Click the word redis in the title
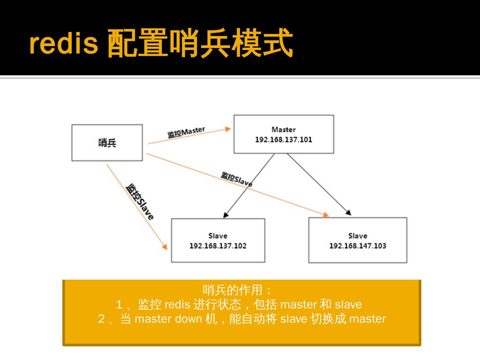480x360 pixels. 64,43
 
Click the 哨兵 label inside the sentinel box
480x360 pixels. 107,143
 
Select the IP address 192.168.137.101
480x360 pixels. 283,140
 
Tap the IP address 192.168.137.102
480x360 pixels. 218,246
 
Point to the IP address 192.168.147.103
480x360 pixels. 357,246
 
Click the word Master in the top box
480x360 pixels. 283,129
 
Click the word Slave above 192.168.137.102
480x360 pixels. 218,236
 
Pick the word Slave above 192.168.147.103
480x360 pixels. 357,236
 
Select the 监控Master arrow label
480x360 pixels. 186,132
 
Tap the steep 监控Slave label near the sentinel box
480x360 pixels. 140,201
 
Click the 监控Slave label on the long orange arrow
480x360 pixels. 236,179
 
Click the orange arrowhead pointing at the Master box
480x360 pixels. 228,129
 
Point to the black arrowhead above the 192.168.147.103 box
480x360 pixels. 348,212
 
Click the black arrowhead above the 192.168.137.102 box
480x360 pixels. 226,215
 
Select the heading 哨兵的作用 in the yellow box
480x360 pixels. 233,290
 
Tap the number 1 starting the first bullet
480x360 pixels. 119,304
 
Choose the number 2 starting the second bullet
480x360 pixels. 101,319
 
